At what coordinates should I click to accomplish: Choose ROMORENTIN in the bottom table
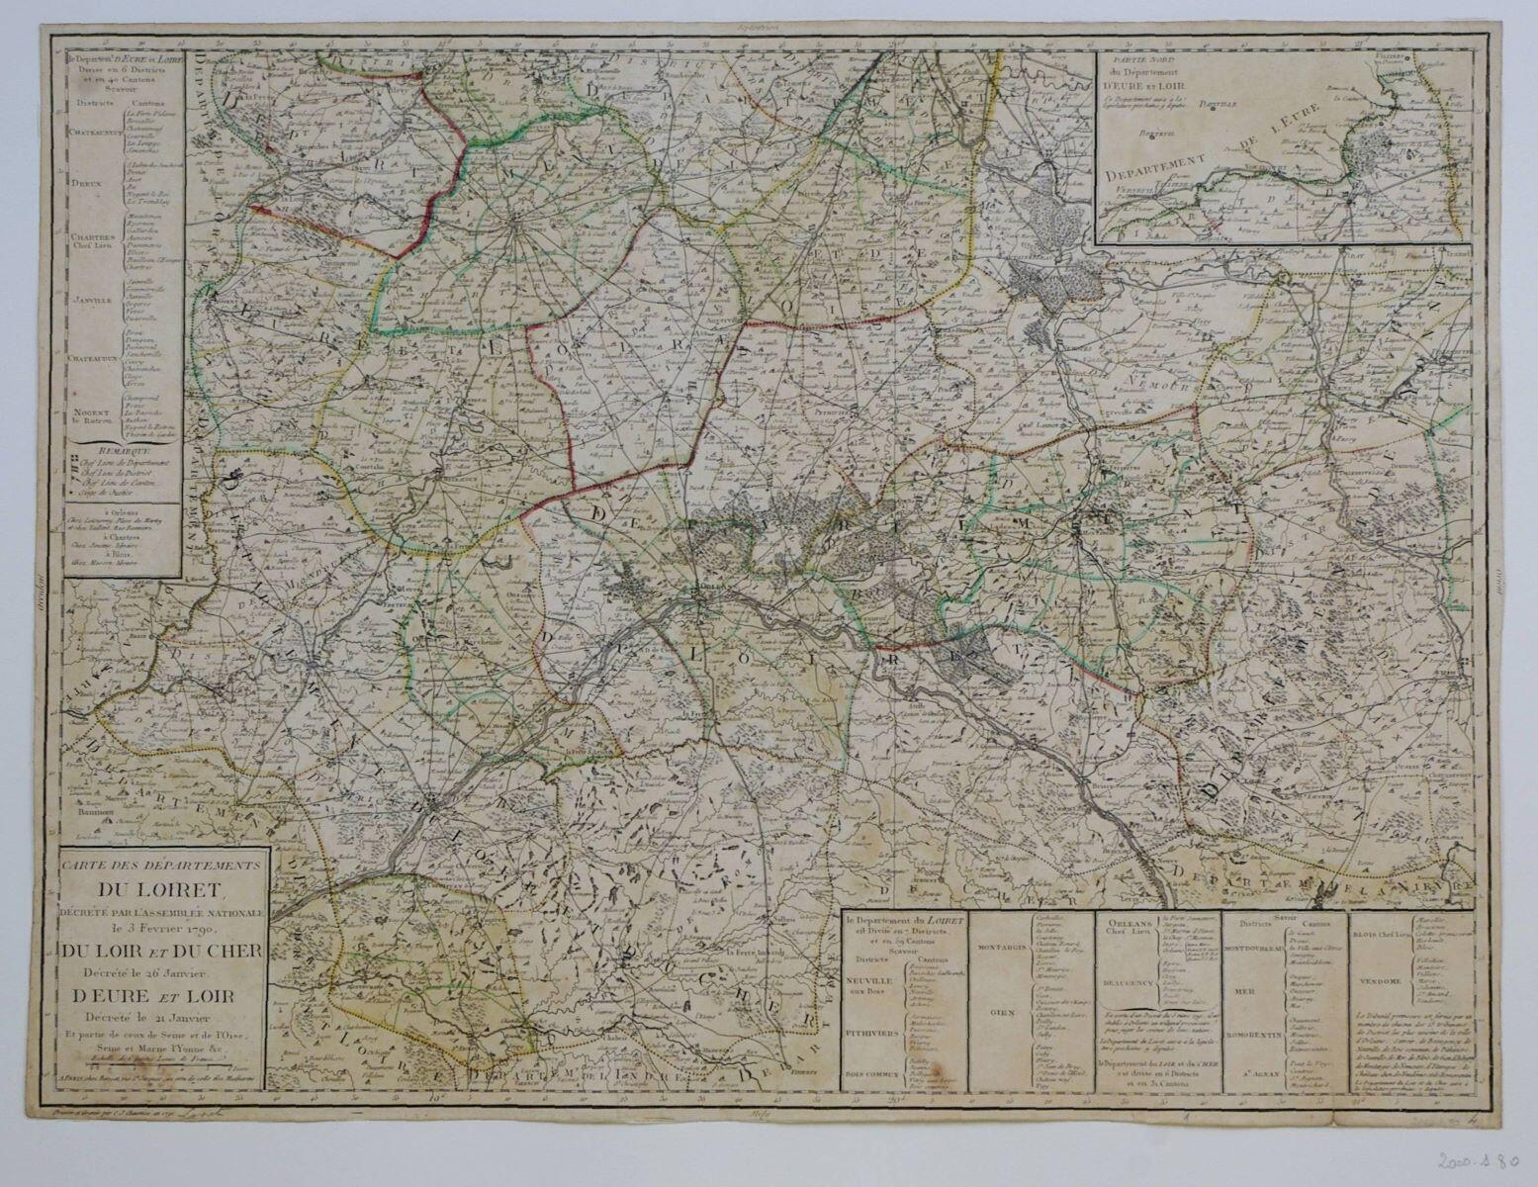[x=1255, y=1036]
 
